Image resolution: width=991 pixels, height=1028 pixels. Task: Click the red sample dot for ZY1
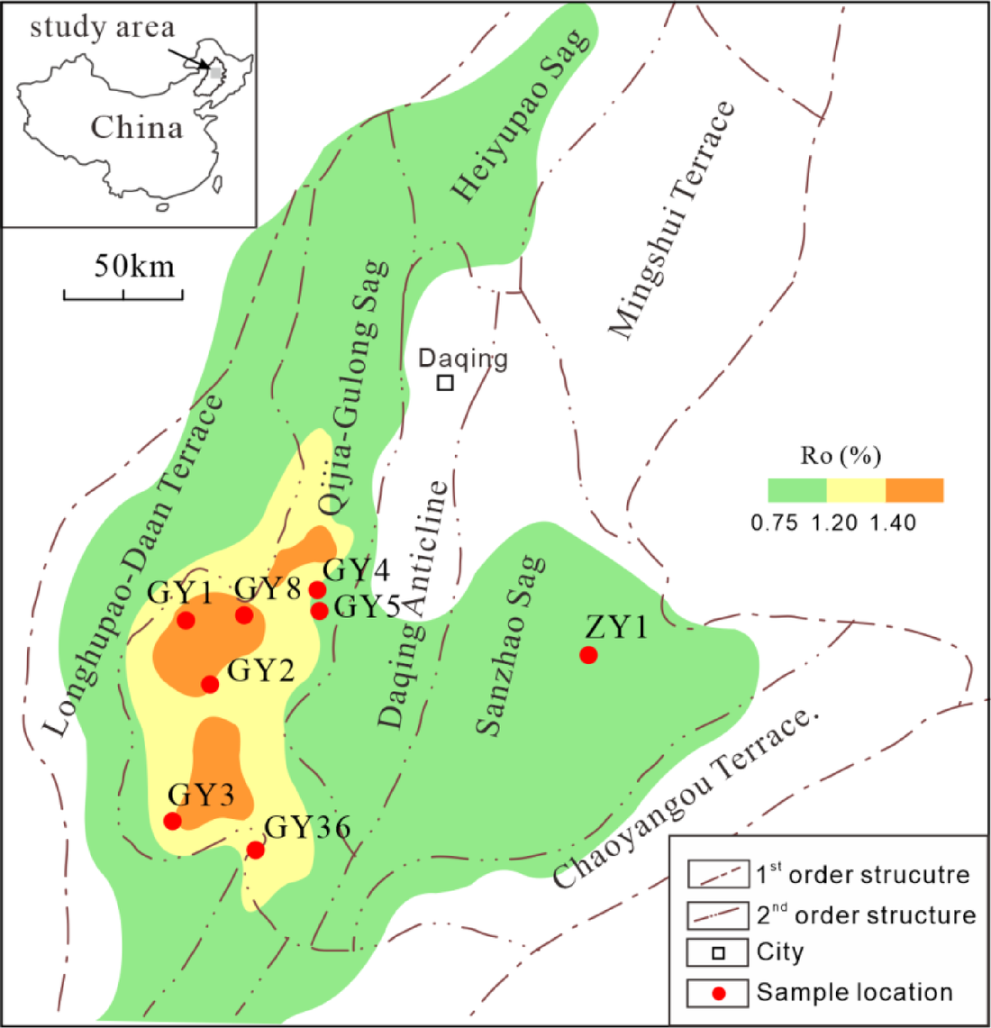(x=588, y=655)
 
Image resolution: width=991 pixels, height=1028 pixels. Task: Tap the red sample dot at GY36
(x=256, y=850)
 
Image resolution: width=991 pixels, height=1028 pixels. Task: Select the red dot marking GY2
(x=210, y=684)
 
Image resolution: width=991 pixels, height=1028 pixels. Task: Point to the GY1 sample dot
(x=186, y=620)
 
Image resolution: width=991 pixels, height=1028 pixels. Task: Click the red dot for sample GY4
(x=317, y=590)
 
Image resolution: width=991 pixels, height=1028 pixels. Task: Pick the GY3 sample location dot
(x=172, y=820)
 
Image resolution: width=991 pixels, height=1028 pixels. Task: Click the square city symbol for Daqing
(x=445, y=382)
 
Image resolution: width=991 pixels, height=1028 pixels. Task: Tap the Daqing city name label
(x=463, y=359)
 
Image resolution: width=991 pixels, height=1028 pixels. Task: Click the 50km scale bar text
(x=134, y=267)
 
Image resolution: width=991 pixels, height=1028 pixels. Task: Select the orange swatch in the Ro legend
(x=914, y=490)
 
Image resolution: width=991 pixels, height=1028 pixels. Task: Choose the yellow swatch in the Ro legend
(x=856, y=490)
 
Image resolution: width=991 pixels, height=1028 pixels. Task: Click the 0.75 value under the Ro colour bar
(x=775, y=523)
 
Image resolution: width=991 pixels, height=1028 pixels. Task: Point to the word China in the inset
(x=136, y=127)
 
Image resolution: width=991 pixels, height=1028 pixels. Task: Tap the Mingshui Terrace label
(x=671, y=221)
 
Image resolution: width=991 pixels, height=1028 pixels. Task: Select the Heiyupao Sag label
(x=522, y=114)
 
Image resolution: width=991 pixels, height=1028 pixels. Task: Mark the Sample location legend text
(x=854, y=992)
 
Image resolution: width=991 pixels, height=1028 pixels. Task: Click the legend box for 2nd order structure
(x=718, y=914)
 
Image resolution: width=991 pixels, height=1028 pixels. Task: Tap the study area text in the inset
(x=102, y=27)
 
